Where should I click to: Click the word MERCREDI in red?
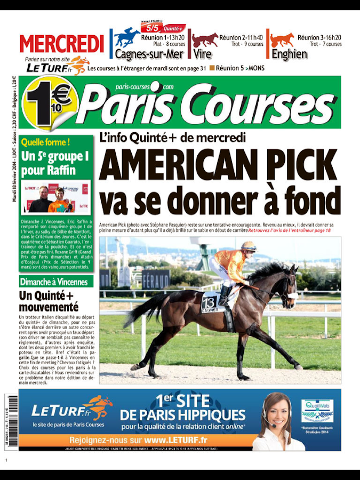(x=62, y=44)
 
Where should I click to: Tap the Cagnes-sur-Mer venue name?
(x=149, y=54)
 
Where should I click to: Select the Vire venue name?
(x=203, y=54)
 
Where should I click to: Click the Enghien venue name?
(x=289, y=54)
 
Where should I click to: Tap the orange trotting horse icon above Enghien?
(x=282, y=39)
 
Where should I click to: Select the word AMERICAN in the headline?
(x=173, y=167)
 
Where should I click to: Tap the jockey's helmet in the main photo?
(x=249, y=246)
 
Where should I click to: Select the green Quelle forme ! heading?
(x=45, y=142)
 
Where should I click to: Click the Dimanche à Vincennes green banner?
(x=54, y=282)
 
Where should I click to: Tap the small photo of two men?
(x=55, y=197)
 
